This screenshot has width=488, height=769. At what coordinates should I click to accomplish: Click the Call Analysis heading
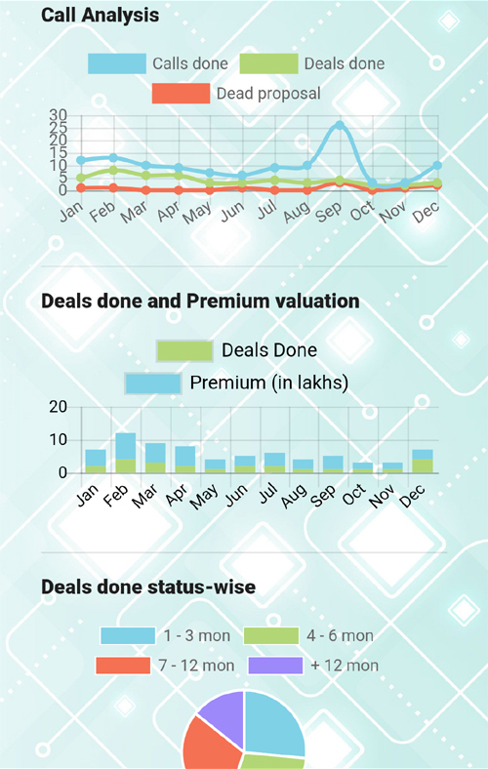[101, 16]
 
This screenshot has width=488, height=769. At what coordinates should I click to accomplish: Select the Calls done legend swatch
[117, 63]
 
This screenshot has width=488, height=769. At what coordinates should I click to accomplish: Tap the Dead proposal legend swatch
[181, 93]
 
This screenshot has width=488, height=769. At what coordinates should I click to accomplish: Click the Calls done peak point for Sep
[340, 126]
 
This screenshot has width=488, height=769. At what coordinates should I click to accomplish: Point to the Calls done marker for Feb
[113, 158]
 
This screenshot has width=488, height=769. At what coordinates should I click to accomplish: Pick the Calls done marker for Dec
[437, 166]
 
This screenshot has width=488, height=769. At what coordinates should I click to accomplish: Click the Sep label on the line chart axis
[328, 212]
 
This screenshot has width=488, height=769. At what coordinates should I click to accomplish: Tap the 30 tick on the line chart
[58, 115]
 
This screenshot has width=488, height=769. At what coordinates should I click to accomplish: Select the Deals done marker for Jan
[81, 178]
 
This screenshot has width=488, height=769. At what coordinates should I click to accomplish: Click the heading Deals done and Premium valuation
[200, 301]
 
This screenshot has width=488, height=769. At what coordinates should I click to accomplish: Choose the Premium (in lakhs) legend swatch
[153, 383]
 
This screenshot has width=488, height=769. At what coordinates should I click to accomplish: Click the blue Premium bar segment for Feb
[126, 446]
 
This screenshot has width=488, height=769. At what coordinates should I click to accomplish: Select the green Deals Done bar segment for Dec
[423, 465]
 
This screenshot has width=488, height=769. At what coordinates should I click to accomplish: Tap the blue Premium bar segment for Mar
[155, 453]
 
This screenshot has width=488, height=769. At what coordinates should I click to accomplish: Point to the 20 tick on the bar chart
[58, 407]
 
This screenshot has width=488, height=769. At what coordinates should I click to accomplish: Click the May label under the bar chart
[204, 497]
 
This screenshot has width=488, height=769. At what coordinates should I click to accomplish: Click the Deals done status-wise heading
[148, 587]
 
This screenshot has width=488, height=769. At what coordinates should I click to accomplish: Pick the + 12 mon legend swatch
[275, 666]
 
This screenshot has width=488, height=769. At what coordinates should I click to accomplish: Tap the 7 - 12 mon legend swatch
[123, 666]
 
